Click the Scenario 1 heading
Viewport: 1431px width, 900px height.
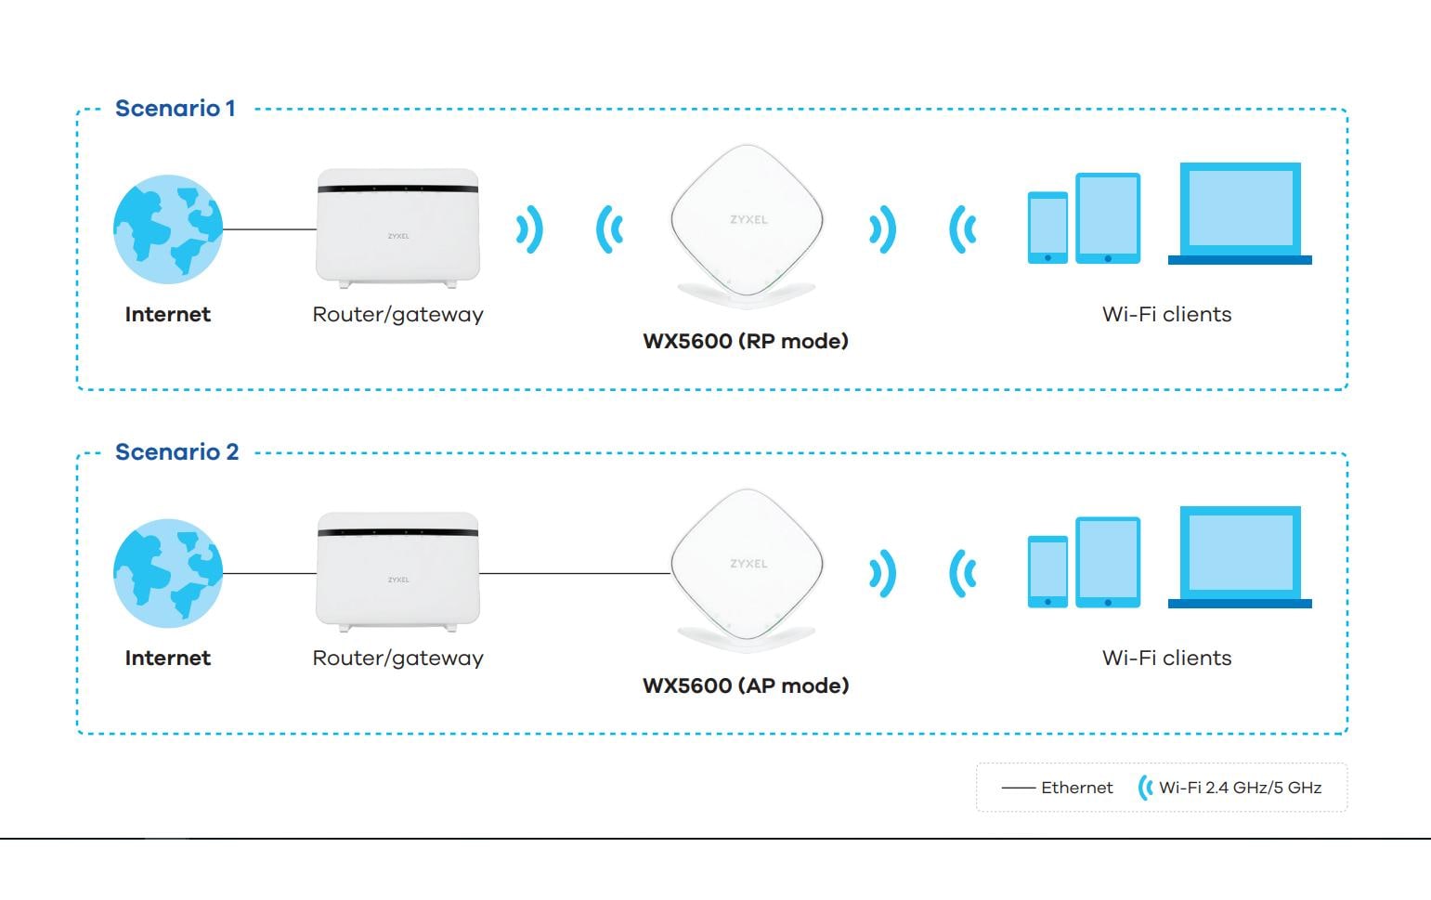click(x=175, y=109)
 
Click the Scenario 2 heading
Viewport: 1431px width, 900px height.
click(x=176, y=452)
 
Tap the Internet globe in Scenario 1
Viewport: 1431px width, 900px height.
click(x=168, y=228)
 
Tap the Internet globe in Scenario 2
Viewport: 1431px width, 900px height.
click(x=168, y=572)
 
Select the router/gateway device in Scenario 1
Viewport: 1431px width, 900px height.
click(x=397, y=228)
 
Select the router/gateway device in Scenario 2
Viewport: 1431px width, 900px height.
click(x=397, y=571)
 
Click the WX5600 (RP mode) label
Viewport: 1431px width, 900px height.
click(x=746, y=341)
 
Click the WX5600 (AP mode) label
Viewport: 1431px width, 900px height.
click(x=746, y=685)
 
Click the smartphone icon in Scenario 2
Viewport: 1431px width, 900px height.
click(x=1047, y=571)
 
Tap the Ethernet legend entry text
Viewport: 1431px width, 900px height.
click(x=1076, y=788)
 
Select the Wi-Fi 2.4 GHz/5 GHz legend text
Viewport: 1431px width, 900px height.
click(x=1240, y=788)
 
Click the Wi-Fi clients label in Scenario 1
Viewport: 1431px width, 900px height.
click(x=1166, y=314)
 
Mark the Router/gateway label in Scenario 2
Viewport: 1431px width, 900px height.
click(x=397, y=658)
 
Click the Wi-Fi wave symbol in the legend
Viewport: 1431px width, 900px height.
click(x=1145, y=788)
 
